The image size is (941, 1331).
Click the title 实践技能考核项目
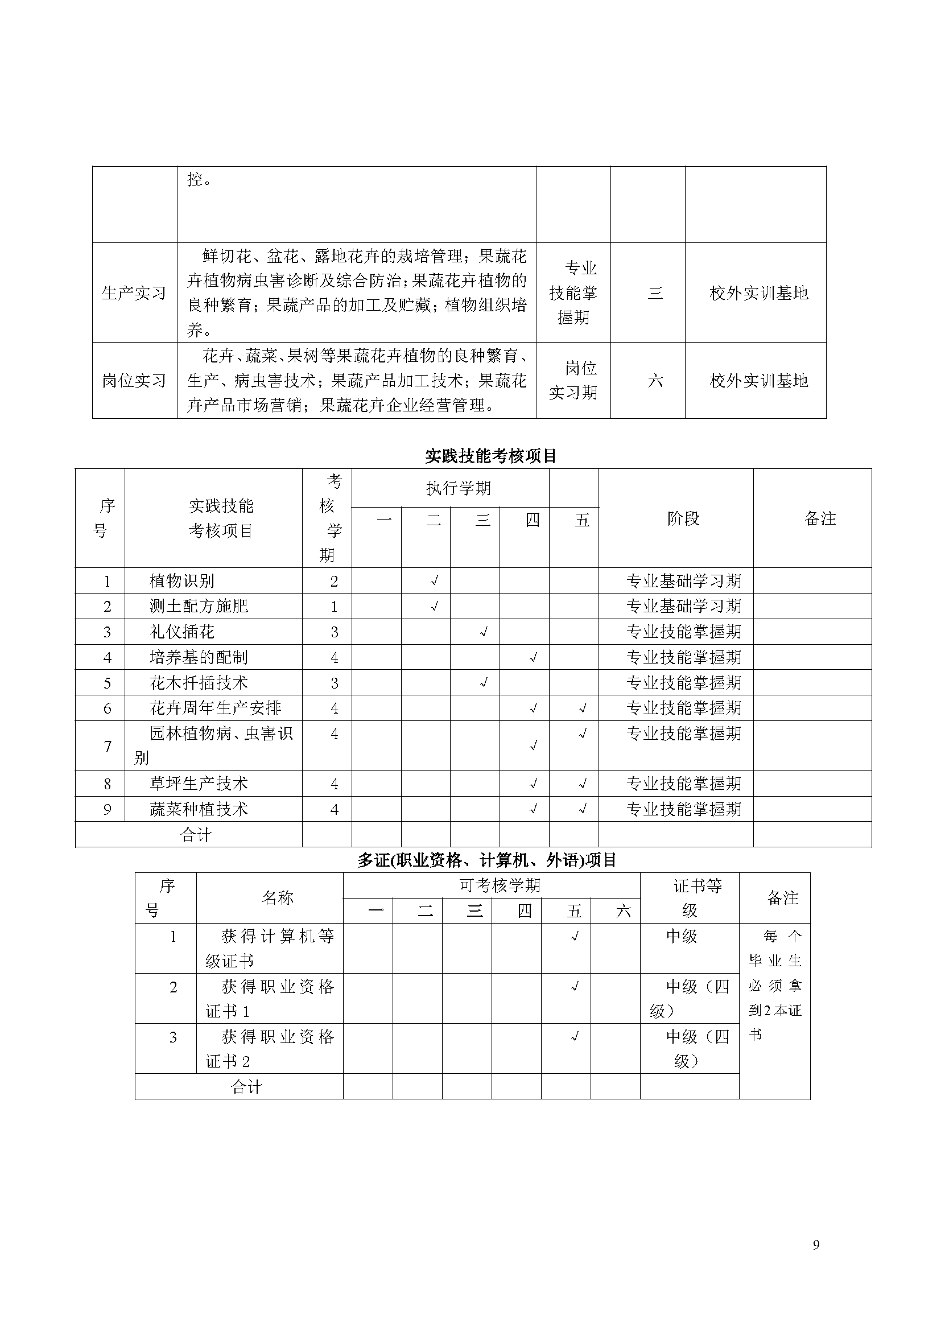coord(490,456)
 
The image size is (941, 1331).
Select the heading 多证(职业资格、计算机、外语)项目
coord(487,860)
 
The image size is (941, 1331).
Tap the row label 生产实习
coord(134,292)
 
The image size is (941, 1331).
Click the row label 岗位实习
coord(134,380)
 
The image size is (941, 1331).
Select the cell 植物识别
coord(182,581)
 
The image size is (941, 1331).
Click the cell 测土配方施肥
coord(198,607)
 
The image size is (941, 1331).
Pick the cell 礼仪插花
coord(182,632)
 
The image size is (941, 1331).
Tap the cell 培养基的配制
coord(198,657)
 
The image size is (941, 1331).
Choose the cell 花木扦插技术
coord(198,683)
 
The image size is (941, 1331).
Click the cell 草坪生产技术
coord(198,784)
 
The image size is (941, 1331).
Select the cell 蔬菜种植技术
coord(198,809)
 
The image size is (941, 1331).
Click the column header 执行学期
coord(459,488)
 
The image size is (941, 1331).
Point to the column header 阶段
coord(683,518)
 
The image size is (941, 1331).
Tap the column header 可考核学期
coord(500,885)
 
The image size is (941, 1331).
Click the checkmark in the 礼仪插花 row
coord(483,632)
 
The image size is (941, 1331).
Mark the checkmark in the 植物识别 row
coord(434,581)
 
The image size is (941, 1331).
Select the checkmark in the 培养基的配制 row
coord(533,658)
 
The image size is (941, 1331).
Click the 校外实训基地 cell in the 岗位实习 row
coord(758,380)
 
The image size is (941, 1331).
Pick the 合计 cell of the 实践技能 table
coord(196,835)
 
